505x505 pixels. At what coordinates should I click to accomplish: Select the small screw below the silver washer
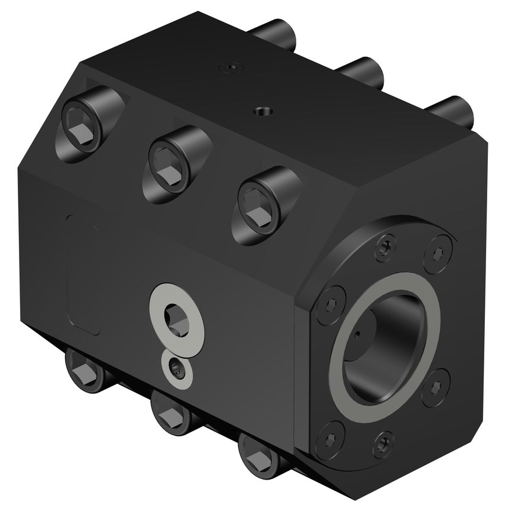[x=177, y=370]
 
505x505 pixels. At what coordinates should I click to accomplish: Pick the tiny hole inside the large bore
[x=358, y=339]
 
